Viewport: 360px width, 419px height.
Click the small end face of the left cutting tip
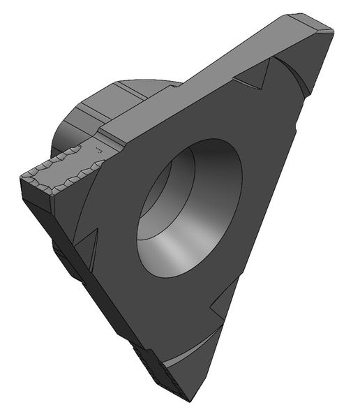[35, 189]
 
